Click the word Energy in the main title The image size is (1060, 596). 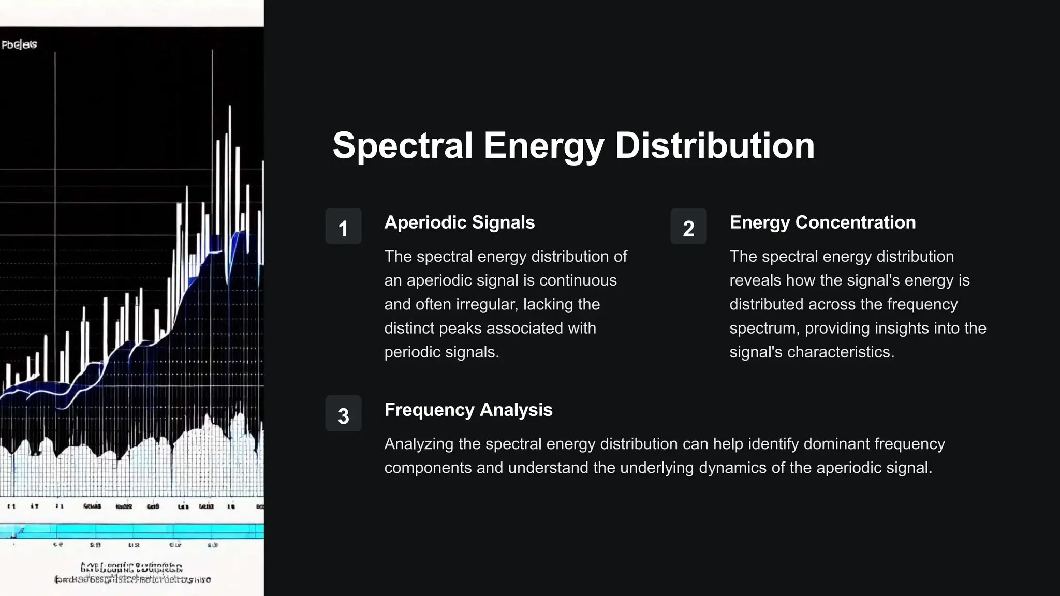543,147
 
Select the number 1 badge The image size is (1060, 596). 343,227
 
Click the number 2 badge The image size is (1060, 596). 688,227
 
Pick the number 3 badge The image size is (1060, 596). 343,414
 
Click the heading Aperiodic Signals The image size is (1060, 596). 459,222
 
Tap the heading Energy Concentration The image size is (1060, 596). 822,222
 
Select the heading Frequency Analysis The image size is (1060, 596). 468,410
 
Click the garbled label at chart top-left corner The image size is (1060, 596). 19,44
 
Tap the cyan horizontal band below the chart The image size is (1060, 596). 132,530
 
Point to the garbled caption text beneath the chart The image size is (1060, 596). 132,573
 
